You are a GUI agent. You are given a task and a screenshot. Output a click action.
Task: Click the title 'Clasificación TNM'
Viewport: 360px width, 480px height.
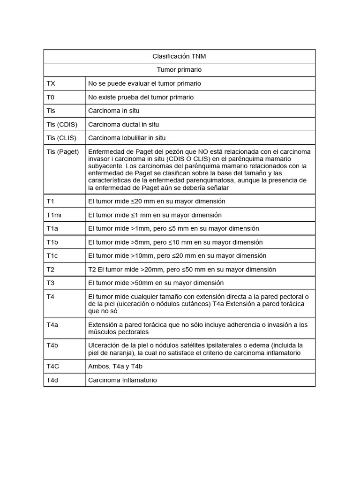(x=179, y=56)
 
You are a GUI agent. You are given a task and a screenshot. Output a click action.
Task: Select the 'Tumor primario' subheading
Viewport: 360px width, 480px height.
(x=179, y=70)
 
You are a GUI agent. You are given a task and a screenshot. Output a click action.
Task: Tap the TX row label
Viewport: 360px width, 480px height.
(x=51, y=83)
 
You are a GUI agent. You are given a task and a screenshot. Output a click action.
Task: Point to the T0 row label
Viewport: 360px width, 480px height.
(x=51, y=97)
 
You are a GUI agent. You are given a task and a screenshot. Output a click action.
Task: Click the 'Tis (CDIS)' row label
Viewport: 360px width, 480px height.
(x=62, y=124)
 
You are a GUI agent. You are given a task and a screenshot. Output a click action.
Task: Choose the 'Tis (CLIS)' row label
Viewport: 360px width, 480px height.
(x=61, y=138)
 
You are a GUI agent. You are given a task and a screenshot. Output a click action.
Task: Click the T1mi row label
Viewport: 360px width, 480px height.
(x=54, y=215)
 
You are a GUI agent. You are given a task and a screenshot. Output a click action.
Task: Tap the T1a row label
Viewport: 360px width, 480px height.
(x=52, y=228)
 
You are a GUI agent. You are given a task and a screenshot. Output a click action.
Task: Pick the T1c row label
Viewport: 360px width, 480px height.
(x=52, y=255)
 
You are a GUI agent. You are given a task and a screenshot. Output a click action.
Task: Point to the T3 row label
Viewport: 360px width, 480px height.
(x=51, y=283)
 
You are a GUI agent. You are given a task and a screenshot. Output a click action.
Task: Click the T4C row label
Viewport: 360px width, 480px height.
(x=52, y=367)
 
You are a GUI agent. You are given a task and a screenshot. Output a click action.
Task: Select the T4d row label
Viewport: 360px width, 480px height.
(x=52, y=380)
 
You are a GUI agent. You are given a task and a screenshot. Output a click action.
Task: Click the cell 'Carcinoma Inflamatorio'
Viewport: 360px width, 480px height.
(x=122, y=380)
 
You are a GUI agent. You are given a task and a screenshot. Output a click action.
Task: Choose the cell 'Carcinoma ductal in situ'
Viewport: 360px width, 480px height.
(x=123, y=124)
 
